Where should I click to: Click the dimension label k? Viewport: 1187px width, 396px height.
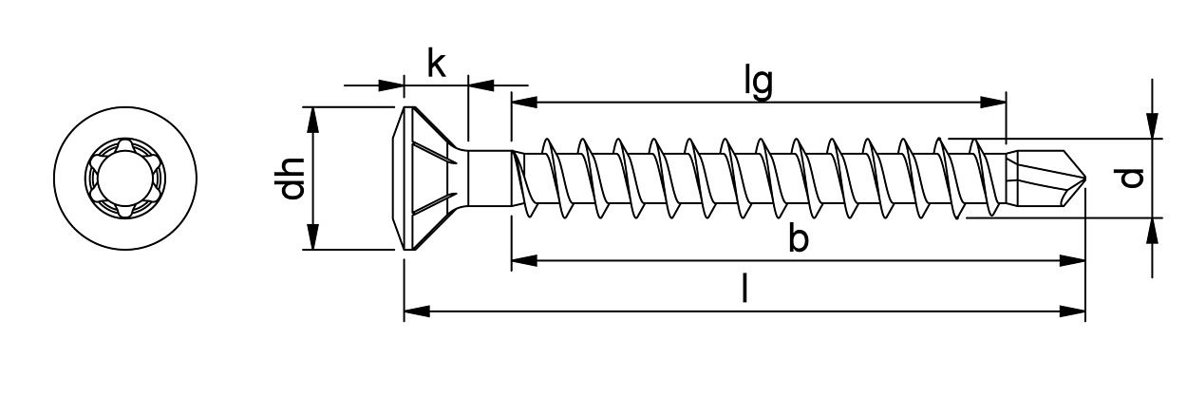point(436,64)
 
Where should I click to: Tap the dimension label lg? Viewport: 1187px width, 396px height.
point(758,82)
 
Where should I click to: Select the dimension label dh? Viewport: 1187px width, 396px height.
point(292,178)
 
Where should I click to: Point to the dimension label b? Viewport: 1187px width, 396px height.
point(799,240)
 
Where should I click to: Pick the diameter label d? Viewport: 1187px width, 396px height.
point(1130,178)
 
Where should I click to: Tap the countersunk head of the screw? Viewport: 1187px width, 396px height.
point(427,179)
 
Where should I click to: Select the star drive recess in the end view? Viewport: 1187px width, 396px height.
point(125,178)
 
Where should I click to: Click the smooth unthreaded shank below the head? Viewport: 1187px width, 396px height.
point(490,178)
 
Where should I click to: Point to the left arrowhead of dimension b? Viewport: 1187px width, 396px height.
point(523,260)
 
